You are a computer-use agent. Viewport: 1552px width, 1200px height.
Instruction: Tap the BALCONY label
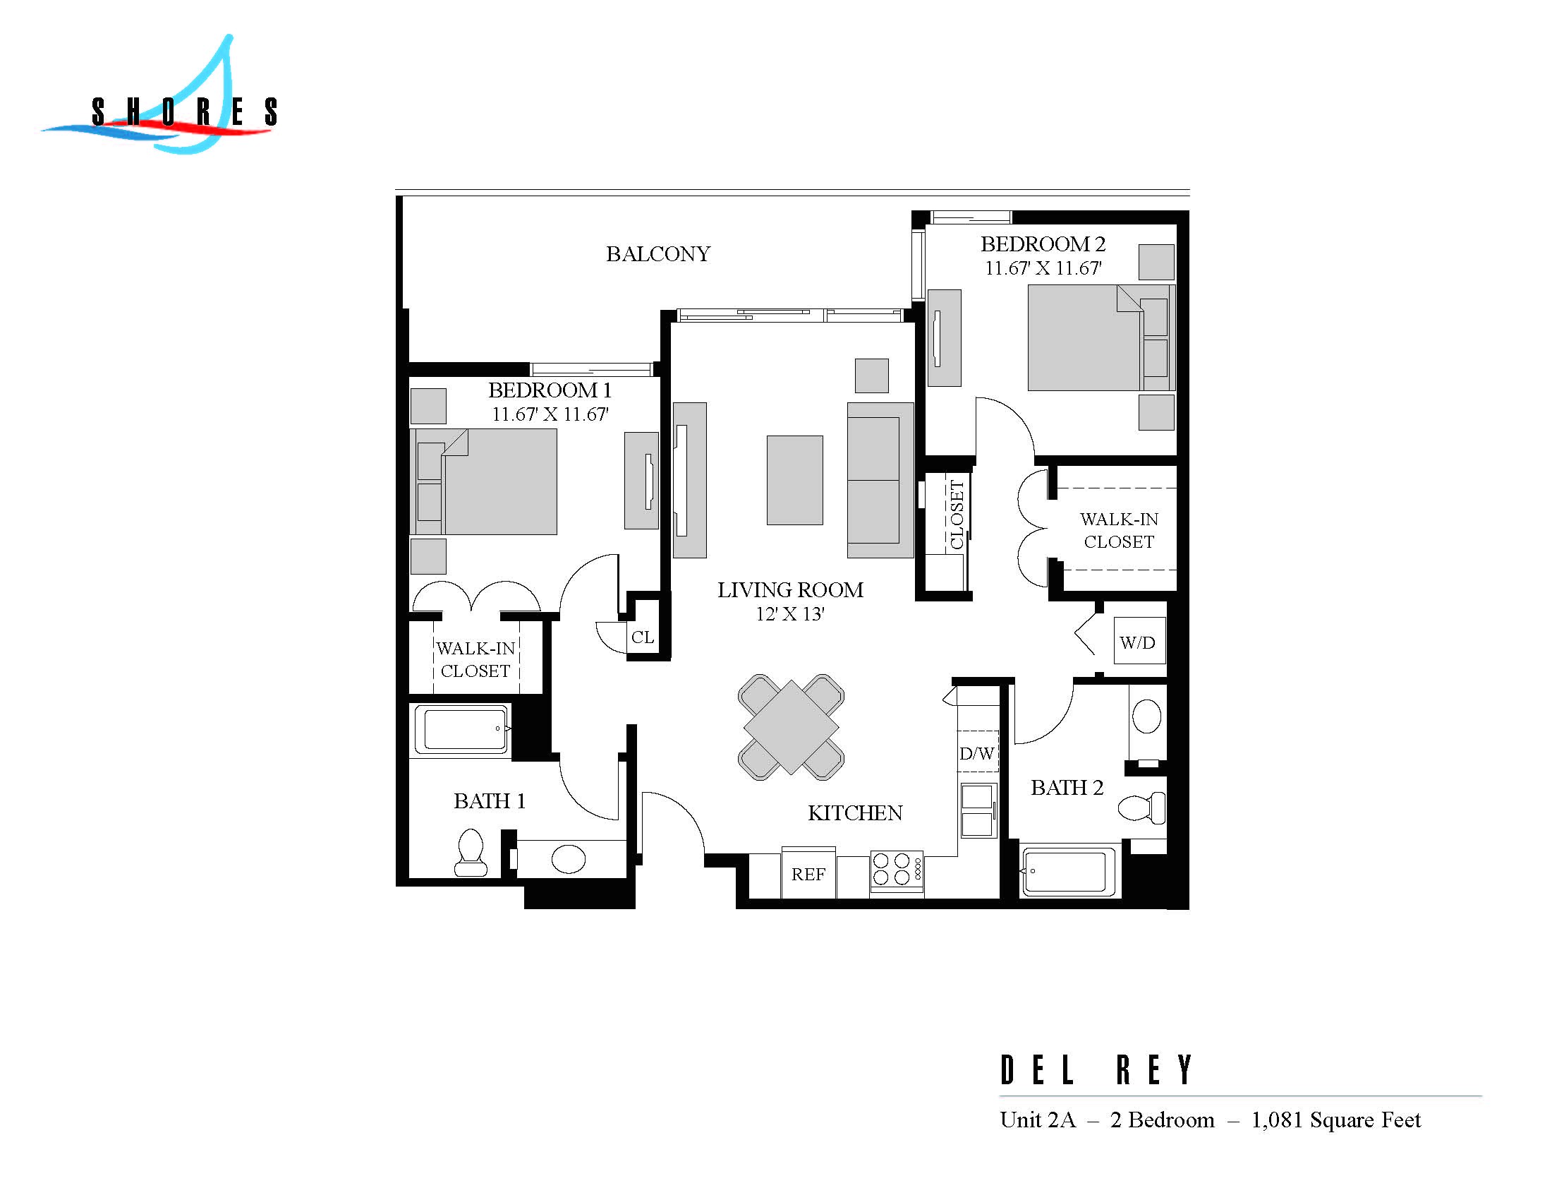(658, 254)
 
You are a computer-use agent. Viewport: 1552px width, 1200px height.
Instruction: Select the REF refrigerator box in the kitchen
(808, 874)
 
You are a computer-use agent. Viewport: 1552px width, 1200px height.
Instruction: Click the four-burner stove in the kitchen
(896, 871)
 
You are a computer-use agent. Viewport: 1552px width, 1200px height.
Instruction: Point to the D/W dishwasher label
(977, 754)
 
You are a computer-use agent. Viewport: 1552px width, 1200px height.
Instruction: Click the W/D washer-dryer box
(1139, 642)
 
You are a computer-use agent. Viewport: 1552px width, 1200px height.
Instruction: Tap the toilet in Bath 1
(471, 853)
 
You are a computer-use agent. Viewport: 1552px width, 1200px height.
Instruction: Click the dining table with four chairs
(791, 726)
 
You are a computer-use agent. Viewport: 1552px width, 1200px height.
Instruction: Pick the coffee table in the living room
(794, 480)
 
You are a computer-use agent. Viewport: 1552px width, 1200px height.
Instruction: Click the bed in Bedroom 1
(490, 481)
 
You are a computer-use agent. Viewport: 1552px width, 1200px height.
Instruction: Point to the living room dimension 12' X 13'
(789, 613)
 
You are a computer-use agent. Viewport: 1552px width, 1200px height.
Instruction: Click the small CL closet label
(643, 637)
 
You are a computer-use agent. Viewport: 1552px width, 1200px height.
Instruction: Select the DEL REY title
(1096, 1071)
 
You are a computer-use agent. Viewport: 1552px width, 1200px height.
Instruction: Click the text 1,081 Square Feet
(1336, 1120)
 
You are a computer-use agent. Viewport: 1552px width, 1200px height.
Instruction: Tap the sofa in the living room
(880, 480)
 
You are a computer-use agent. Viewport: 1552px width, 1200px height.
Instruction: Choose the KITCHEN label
(855, 812)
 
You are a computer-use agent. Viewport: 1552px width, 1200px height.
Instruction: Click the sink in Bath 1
(568, 859)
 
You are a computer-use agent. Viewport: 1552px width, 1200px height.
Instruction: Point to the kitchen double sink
(978, 810)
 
